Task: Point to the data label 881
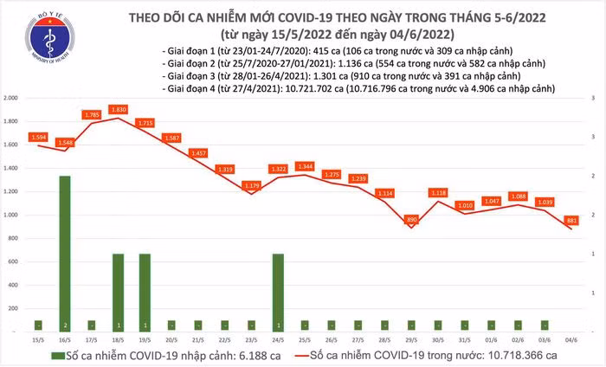click(572, 221)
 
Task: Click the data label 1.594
click(37, 137)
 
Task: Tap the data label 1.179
click(251, 185)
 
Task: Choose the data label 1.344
click(305, 165)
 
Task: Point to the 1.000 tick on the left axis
click(11, 215)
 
